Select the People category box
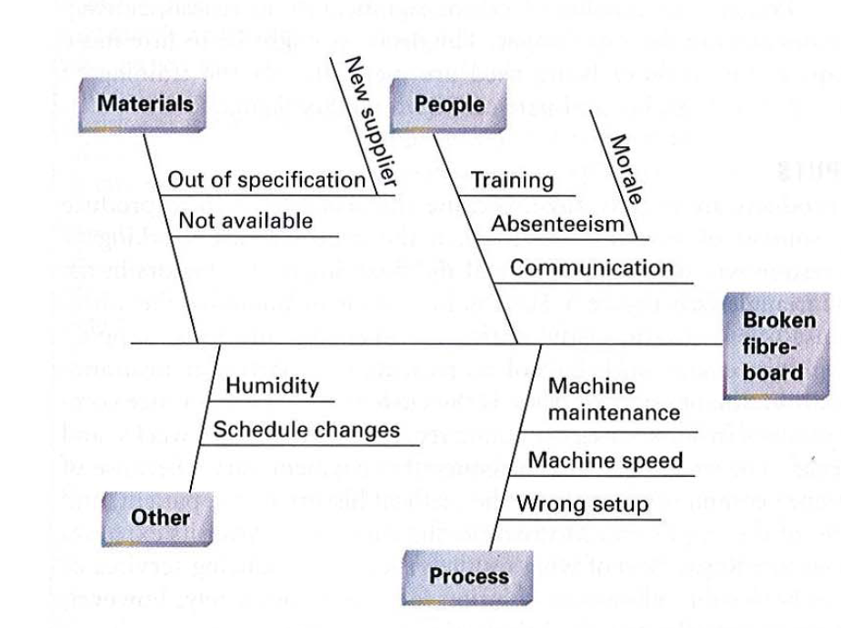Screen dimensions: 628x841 (449, 104)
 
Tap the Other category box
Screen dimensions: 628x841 (160, 518)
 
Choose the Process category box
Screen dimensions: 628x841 (468, 576)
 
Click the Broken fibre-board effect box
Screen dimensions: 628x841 (778, 346)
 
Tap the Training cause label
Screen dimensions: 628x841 (512, 180)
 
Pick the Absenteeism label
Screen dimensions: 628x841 (558, 224)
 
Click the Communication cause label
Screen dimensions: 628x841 (591, 267)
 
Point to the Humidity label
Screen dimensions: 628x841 (272, 386)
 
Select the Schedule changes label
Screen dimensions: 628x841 (306, 429)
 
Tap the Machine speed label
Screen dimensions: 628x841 (605, 460)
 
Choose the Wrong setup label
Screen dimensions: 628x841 (583, 503)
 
